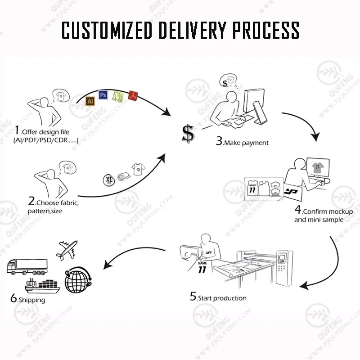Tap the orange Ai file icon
click(x=90, y=102)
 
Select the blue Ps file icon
click(x=103, y=95)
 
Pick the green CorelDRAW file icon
click(x=118, y=96)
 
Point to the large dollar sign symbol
click(x=188, y=134)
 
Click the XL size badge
click(x=109, y=179)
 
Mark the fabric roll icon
click(x=122, y=177)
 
